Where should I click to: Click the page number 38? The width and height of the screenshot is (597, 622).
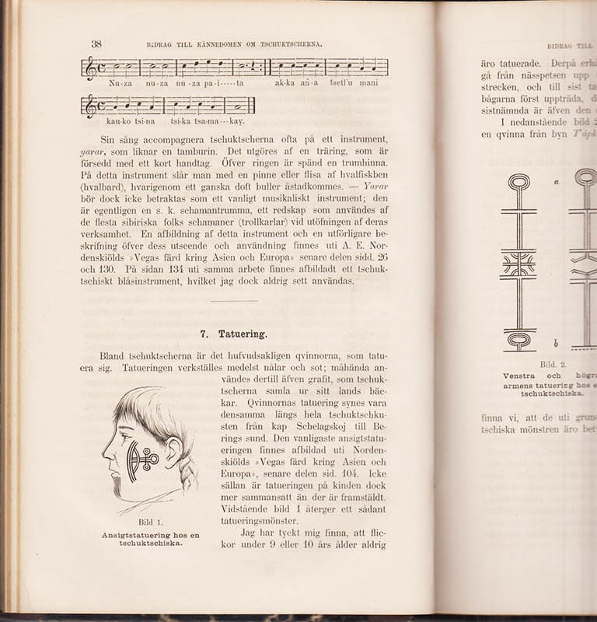point(96,44)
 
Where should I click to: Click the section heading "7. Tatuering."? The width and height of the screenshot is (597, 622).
point(233,334)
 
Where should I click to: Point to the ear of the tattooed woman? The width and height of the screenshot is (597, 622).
point(172,452)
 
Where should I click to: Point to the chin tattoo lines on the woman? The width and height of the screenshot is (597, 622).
point(117,485)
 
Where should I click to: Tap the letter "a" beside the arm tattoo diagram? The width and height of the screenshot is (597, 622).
point(557,181)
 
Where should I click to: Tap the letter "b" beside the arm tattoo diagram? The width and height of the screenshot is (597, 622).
point(556,343)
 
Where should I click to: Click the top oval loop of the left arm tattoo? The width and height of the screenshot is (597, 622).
point(518,182)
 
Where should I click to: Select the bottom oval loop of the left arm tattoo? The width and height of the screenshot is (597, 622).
point(518,340)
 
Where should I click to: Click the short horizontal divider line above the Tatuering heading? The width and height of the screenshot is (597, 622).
point(233,301)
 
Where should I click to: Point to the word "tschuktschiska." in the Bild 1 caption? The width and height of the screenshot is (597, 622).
point(150,544)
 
